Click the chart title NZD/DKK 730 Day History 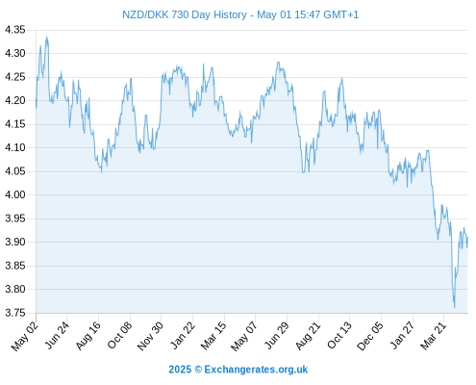point(185,14)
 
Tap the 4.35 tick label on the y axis point(15,30)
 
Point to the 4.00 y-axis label point(15,194)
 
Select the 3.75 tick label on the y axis point(15,313)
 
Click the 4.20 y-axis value point(15,100)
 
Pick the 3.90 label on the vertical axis point(15,242)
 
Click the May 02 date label point(25,336)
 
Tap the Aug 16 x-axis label point(88,336)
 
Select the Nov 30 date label point(150,336)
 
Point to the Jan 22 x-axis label point(183,336)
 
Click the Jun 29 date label point(277,336)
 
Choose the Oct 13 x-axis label point(339,336)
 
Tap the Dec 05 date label point(370,336)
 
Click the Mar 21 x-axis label point(434,336)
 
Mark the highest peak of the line point(47,37)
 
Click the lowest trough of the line point(454,307)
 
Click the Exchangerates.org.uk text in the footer point(256,370)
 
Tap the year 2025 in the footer point(180,370)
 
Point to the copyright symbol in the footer point(198,370)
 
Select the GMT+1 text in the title point(340,14)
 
